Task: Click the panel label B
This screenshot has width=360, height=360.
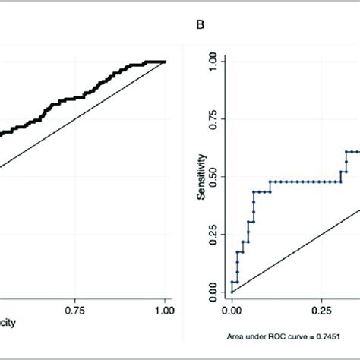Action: tap(201, 24)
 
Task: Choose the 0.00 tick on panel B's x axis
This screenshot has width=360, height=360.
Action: tap(232, 310)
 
